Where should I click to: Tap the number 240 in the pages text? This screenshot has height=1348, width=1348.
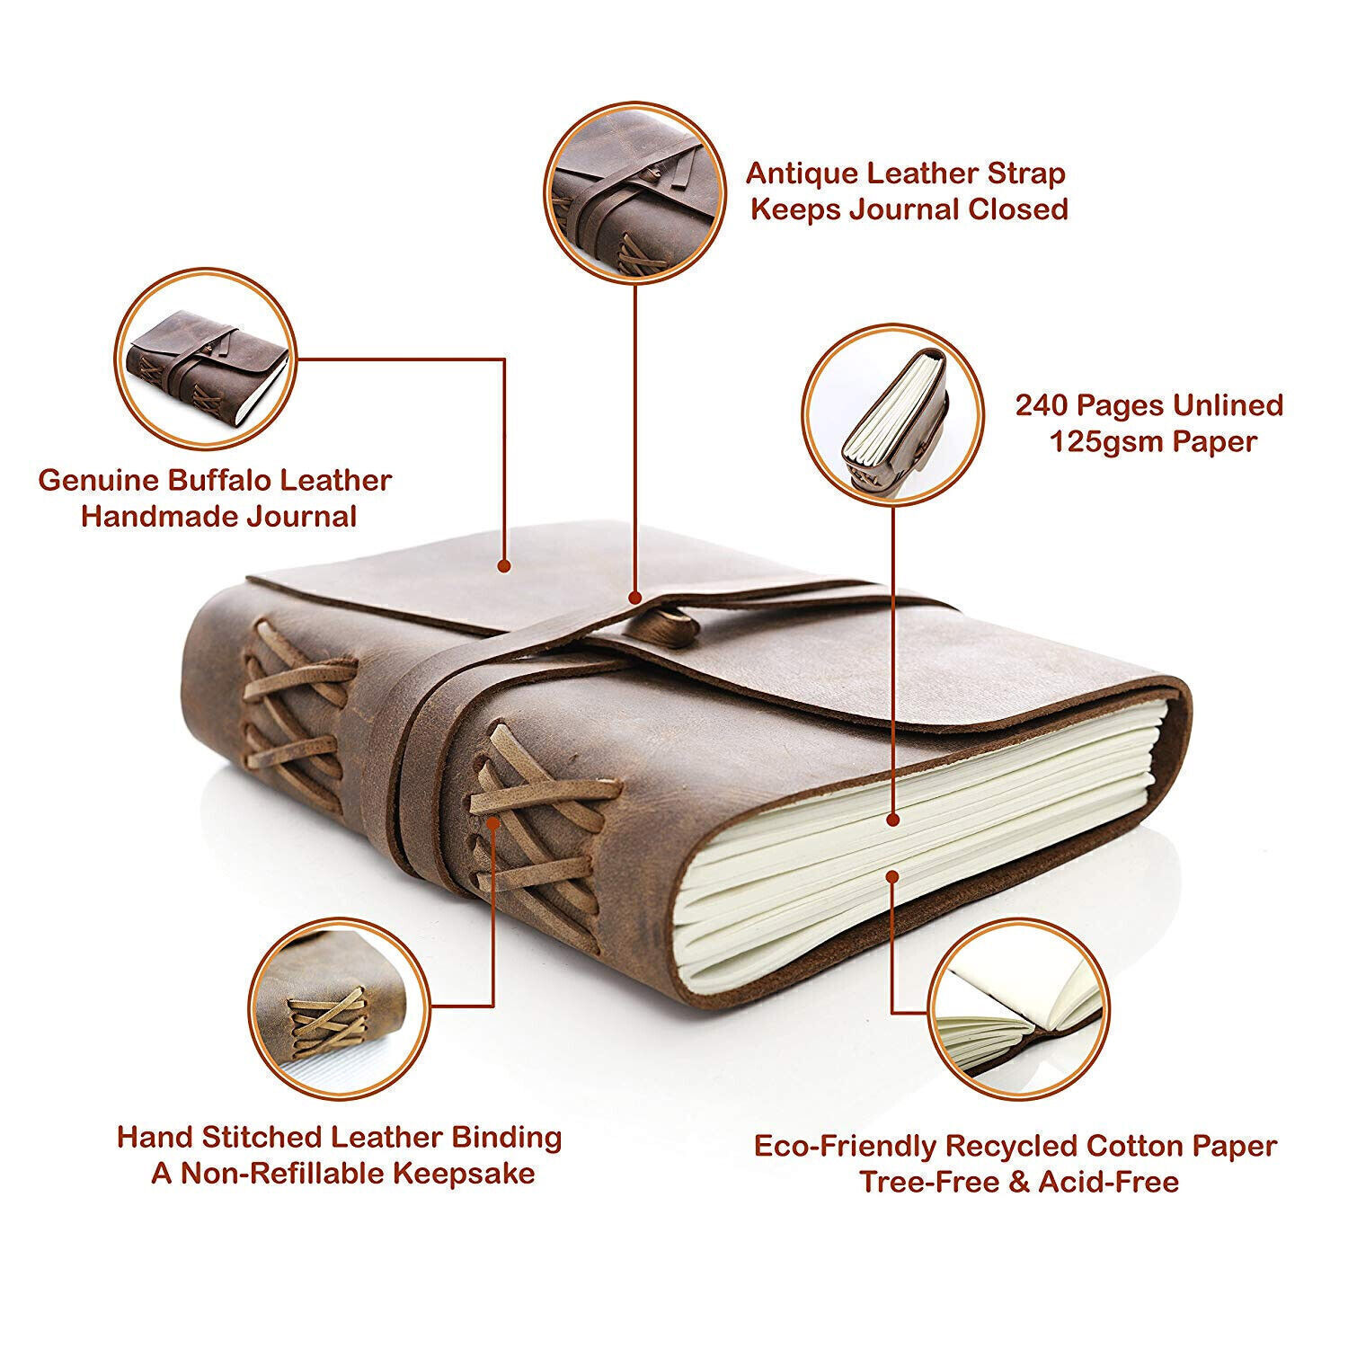[1042, 405]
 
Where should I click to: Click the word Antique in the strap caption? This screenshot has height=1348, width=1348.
[803, 173]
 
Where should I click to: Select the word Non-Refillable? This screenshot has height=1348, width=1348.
[289, 1173]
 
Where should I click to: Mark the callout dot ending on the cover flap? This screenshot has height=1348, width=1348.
[504, 566]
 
